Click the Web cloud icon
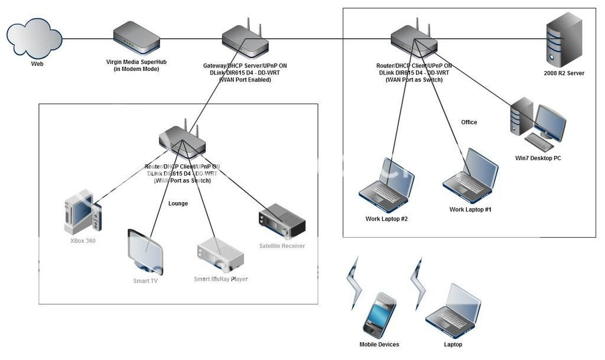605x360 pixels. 34,37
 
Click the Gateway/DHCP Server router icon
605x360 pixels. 245,40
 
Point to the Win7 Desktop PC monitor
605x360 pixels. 549,122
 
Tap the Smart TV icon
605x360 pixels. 145,251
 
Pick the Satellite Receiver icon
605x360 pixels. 281,222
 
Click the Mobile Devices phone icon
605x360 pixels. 379,315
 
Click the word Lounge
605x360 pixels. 178,203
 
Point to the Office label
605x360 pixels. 469,122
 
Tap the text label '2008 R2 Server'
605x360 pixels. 564,74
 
